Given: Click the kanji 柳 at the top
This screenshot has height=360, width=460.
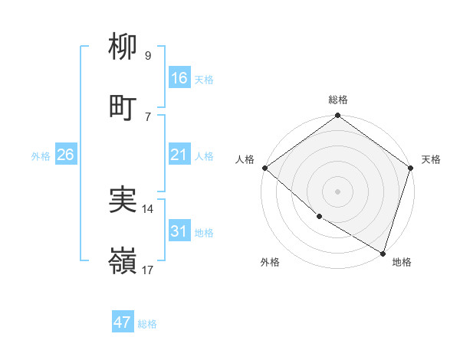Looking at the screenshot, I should point(123,47).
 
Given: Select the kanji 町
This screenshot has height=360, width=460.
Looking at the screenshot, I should point(123,108).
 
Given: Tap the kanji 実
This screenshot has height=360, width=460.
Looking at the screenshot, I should point(123,200).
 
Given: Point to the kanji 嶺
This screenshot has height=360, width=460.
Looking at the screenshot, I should point(123,261).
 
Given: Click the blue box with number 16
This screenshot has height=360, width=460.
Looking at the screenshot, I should point(179,78).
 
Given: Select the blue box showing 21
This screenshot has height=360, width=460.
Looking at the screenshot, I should point(179,155).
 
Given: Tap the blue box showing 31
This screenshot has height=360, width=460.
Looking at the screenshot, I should point(179,231).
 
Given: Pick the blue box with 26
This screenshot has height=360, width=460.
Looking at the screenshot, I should point(65,155).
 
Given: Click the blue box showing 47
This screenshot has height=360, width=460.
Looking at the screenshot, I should point(123,322).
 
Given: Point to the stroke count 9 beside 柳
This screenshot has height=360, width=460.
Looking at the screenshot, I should point(147,56).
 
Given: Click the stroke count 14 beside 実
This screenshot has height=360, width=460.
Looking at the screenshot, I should point(148,208).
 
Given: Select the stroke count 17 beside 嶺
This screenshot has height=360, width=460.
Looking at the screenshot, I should point(148,270).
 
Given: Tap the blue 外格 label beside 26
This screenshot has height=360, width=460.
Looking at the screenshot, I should point(41,156).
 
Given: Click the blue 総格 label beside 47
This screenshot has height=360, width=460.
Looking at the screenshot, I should point(147,324).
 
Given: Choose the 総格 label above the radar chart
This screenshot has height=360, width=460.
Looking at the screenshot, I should point(338,100).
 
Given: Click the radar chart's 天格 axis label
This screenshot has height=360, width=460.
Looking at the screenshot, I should point(431,159).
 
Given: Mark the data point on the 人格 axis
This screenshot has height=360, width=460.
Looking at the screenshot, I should point(265,168).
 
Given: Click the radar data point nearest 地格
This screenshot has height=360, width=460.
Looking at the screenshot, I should point(383,252).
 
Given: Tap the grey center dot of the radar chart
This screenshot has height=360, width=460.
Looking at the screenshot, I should point(338,191).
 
